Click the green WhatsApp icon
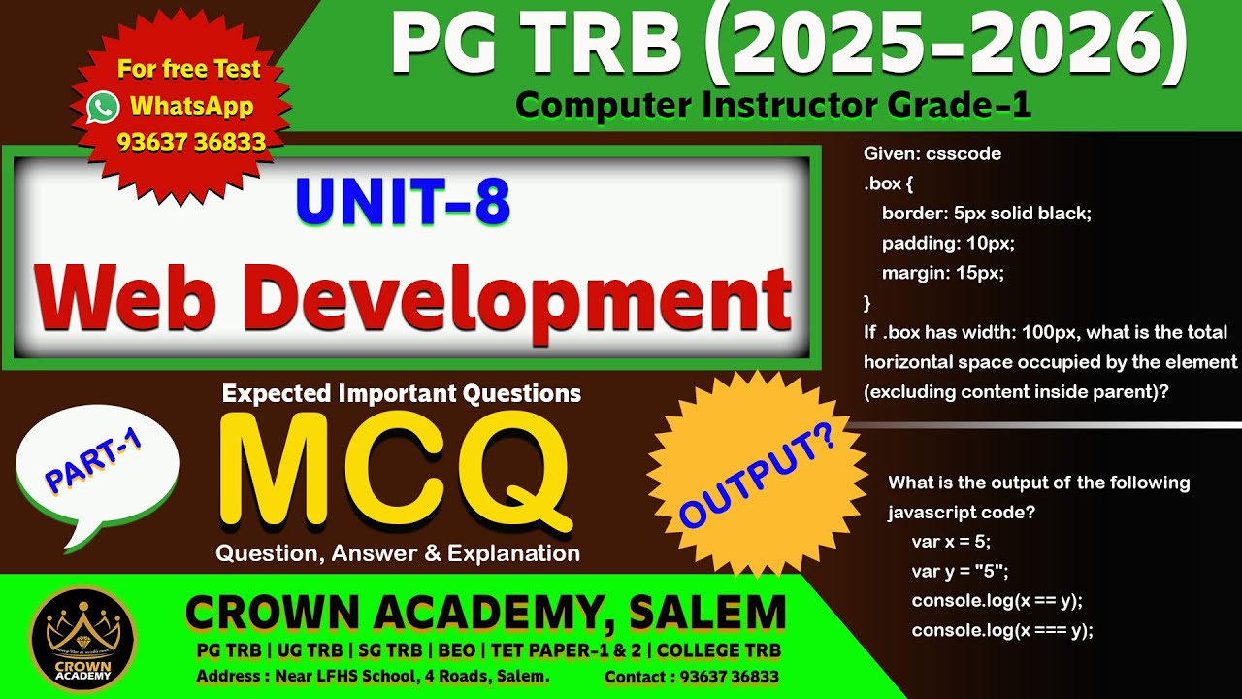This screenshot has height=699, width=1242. point(103,107)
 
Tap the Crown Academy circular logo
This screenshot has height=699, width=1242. point(82,638)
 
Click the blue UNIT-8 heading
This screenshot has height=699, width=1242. point(403,203)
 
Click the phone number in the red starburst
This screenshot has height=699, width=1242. point(191,143)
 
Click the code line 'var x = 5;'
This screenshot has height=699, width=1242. point(951,542)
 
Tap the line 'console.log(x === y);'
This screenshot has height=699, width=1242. point(1002,630)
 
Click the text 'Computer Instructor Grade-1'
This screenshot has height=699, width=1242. point(772,105)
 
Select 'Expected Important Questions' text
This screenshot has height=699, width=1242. point(402,393)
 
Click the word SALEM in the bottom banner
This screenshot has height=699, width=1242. point(707,613)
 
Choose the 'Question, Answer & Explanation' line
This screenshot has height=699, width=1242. point(398,553)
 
